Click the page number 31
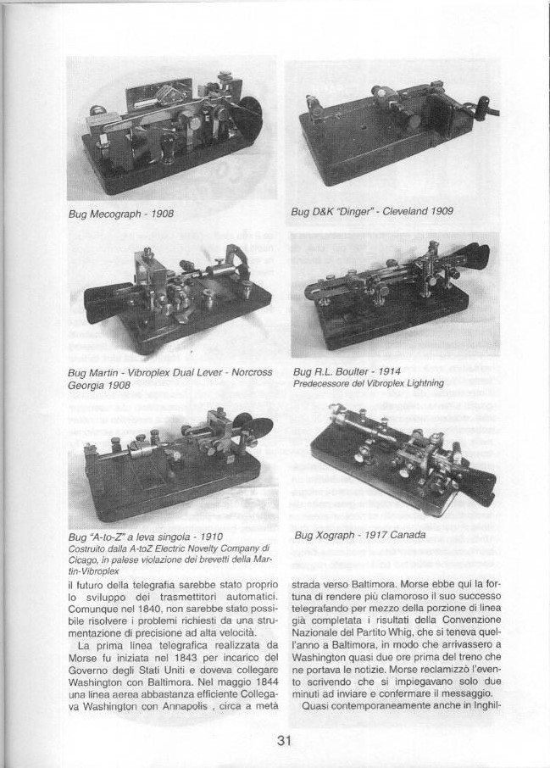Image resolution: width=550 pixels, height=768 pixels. pos(284,740)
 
